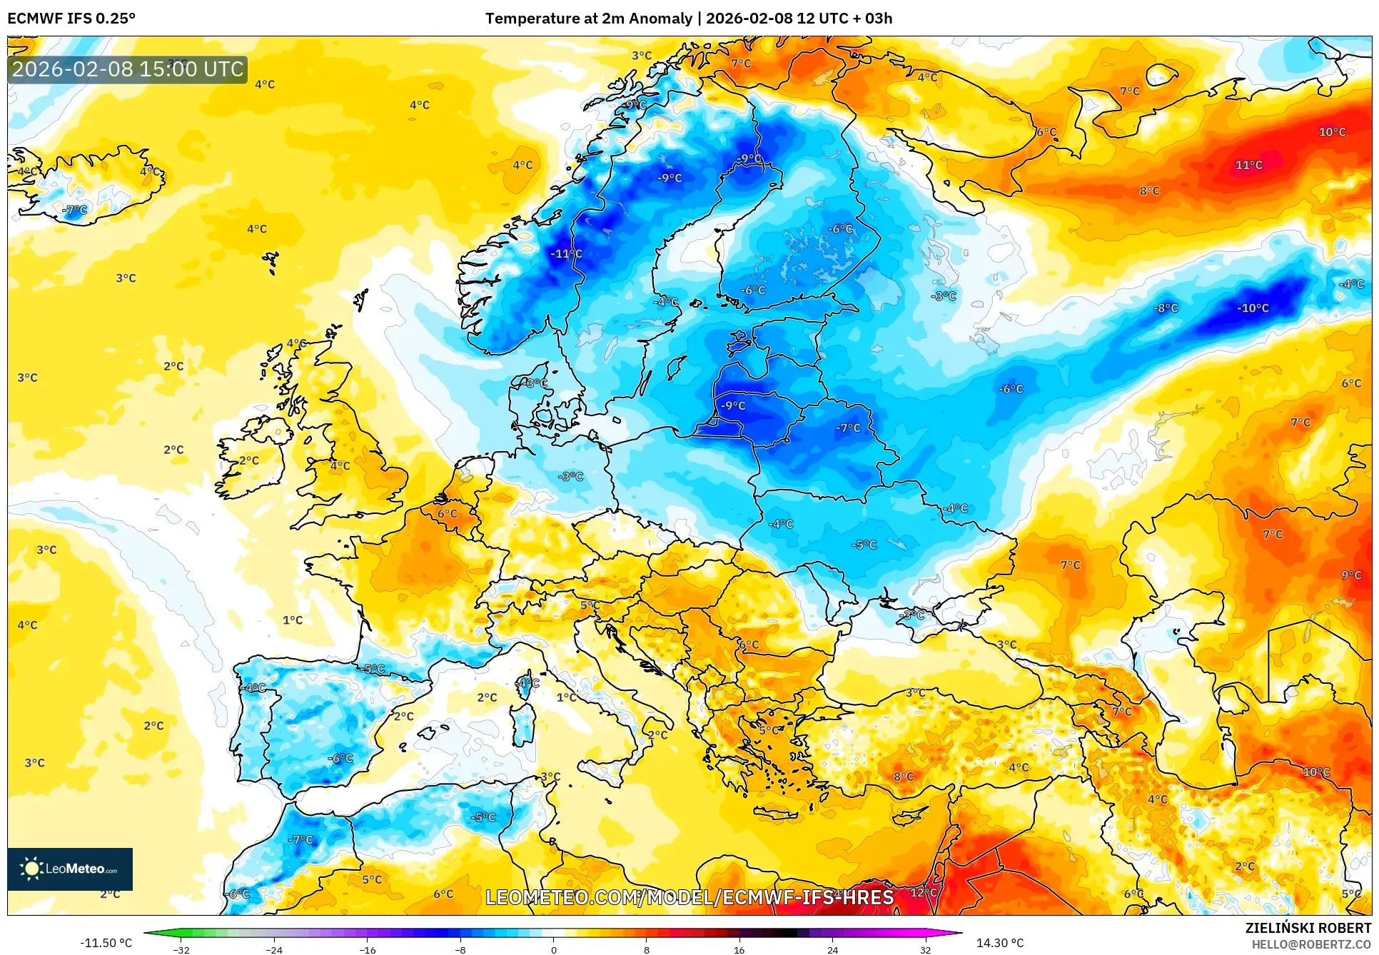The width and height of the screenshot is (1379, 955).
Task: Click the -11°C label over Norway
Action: tap(566, 253)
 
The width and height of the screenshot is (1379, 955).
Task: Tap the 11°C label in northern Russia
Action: tap(1248, 165)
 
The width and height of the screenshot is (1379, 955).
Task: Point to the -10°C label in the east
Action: tap(1253, 308)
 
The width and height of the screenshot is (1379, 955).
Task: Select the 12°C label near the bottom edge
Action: tap(923, 892)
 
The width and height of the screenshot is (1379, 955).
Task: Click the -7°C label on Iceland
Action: tap(74, 210)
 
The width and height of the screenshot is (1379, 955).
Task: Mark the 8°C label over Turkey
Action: tap(903, 777)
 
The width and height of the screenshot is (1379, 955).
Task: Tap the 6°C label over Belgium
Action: tap(447, 513)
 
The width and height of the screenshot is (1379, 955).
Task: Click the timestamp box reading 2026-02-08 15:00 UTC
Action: tap(128, 69)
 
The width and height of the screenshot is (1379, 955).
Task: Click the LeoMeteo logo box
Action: tap(70, 869)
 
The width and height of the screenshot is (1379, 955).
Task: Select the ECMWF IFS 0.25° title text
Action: tap(71, 19)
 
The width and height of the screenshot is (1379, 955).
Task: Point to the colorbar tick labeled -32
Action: tap(181, 950)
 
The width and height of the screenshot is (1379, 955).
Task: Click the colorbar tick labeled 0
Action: tap(553, 950)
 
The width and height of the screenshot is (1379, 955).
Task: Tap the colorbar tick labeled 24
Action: tap(832, 950)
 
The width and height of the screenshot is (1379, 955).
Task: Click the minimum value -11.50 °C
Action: tap(106, 943)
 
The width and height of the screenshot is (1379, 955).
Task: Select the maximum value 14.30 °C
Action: tap(999, 943)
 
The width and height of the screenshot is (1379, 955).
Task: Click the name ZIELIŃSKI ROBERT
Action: tap(1308, 928)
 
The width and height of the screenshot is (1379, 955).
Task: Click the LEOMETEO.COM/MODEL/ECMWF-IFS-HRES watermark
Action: tap(689, 897)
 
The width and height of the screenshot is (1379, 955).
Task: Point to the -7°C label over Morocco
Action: tap(300, 839)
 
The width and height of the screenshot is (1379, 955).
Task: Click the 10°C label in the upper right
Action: tap(1332, 132)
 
